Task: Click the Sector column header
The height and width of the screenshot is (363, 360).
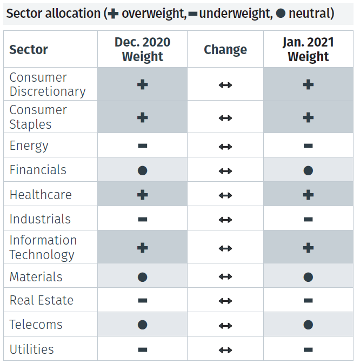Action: [x=29, y=50]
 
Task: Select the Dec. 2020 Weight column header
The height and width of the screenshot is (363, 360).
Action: [x=142, y=49]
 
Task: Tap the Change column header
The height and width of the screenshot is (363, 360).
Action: [x=225, y=50]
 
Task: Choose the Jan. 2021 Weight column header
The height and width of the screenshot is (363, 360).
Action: [x=308, y=49]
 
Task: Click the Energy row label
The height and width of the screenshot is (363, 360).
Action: [x=29, y=146]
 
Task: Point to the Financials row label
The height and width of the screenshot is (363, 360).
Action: [x=38, y=170]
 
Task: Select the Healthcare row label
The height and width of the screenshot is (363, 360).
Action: [x=41, y=195]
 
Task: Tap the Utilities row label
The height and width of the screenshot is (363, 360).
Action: [x=32, y=349]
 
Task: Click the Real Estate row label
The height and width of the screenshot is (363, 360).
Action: [x=42, y=300]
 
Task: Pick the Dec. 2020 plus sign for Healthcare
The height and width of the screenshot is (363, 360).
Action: [x=143, y=195]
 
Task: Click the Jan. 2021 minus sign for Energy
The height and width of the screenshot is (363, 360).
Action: [x=308, y=146]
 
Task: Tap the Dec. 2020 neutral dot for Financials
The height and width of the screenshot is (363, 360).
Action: [x=143, y=170]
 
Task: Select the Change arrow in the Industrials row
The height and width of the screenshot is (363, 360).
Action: [x=225, y=220]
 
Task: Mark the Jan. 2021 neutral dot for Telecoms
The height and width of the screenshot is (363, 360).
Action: [x=308, y=325]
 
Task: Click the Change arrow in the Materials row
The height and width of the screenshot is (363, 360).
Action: [x=225, y=277]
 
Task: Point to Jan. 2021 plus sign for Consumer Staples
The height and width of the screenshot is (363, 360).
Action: [x=308, y=117]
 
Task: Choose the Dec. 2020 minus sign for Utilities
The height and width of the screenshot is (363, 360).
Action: [x=143, y=350]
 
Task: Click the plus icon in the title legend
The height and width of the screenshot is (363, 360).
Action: [x=113, y=13]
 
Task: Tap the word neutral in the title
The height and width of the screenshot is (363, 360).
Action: [x=311, y=13]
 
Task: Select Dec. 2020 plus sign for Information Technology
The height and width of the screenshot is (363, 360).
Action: [x=143, y=248]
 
